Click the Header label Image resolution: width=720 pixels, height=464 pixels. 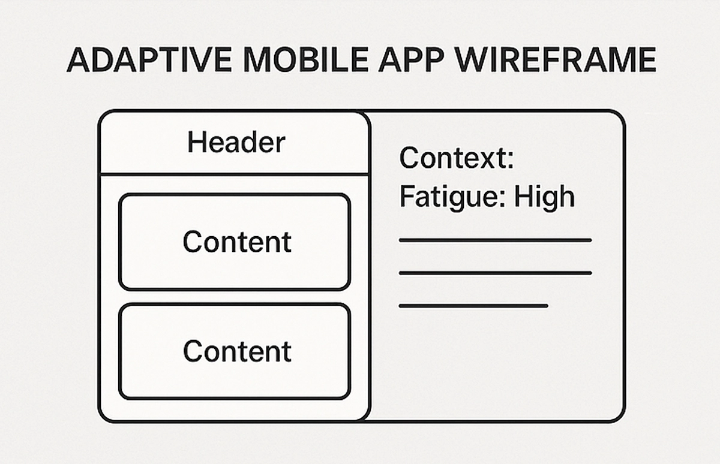tap(236, 143)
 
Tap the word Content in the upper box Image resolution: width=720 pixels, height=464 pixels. tap(237, 242)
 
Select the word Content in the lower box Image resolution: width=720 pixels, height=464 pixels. tap(237, 351)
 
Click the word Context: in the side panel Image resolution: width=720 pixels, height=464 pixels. tap(456, 158)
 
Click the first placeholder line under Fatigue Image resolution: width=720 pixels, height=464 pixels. tap(495, 240)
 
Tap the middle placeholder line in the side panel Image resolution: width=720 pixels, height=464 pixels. tap(495, 273)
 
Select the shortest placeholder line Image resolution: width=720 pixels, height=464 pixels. tap(473, 306)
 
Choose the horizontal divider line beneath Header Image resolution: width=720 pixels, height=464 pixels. tap(235, 174)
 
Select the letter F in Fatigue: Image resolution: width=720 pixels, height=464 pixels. tap(406, 197)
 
